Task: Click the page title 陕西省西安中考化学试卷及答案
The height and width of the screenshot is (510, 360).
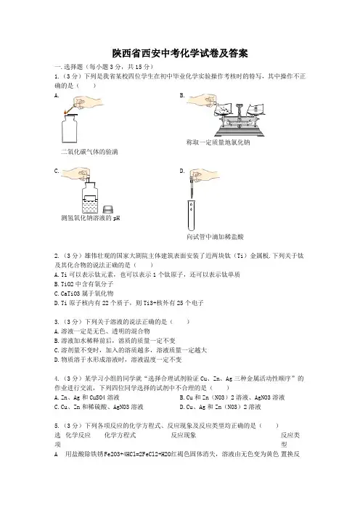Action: [180, 53]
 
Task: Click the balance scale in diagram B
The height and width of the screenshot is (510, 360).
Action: [239, 118]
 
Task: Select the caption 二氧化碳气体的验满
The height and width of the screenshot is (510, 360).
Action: [89, 152]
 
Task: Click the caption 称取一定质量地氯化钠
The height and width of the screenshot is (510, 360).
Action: [218, 142]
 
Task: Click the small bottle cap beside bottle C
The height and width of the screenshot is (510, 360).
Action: [107, 209]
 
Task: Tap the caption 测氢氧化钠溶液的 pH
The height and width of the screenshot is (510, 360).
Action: [90, 218]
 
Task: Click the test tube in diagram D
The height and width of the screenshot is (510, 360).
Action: [192, 216]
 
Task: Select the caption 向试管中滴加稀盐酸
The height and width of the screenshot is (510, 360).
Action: [215, 237]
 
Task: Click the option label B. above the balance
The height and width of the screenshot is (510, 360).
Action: [182, 95]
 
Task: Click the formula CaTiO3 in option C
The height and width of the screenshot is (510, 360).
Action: [70, 294]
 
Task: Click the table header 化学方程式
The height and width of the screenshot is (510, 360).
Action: [120, 435]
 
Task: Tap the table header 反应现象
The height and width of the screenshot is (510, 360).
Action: [184, 435]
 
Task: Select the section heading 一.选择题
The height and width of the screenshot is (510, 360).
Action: [69, 67]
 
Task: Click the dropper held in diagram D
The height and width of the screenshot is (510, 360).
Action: [192, 186]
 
